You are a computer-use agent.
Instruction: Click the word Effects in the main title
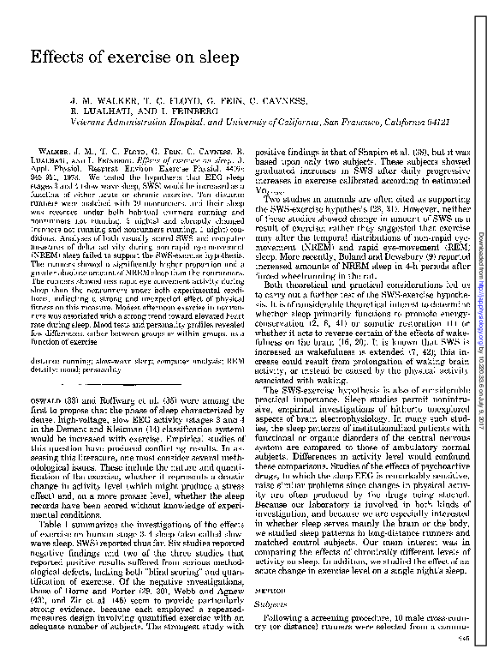[x=54, y=58]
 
